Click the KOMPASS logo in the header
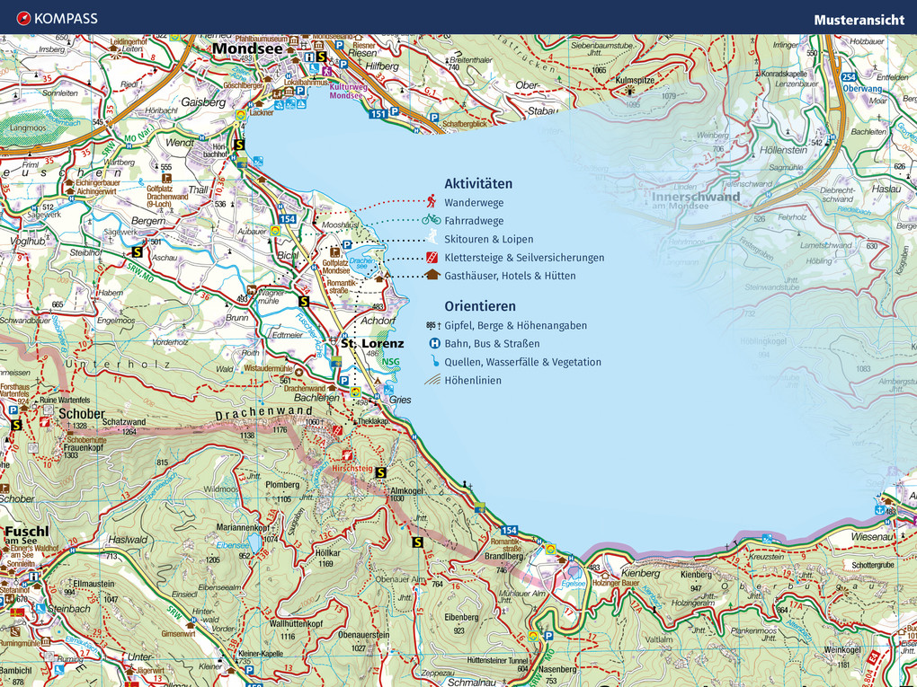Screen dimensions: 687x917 tap(57, 18)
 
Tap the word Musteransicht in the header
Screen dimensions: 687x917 tap(859, 19)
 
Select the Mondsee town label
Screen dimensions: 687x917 tap(246, 50)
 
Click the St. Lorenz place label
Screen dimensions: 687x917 tap(371, 343)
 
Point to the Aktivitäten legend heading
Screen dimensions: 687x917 tap(478, 183)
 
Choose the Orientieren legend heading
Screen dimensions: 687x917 tap(480, 306)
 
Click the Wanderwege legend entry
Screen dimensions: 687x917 tap(474, 202)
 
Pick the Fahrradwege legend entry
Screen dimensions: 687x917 tap(474, 221)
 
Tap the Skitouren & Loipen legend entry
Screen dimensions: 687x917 tap(488, 240)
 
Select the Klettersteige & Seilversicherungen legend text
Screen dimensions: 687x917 tap(524, 258)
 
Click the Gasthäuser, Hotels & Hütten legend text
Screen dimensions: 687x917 tap(510, 276)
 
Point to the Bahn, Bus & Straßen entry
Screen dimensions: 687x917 tap(492, 343)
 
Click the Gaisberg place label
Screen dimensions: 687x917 tap(203, 102)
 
